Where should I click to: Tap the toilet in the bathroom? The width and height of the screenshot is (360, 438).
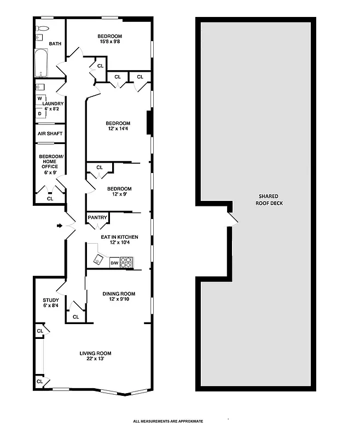tap(43, 28)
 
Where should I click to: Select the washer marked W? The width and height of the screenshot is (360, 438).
tap(40, 99)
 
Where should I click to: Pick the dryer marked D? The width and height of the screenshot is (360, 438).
tap(40, 113)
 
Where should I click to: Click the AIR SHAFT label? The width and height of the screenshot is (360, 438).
tap(50, 134)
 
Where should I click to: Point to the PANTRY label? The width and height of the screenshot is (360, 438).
tap(97, 218)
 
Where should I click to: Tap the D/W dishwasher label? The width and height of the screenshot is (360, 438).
tap(115, 263)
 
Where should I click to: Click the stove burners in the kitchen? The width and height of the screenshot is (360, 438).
tap(126, 263)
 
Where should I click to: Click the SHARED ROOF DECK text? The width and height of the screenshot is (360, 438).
tap(269, 199)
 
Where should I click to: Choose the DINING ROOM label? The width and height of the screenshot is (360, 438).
tap(119, 293)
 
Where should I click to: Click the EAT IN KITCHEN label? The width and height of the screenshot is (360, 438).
tap(119, 237)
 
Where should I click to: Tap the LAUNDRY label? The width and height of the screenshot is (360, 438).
tap(53, 103)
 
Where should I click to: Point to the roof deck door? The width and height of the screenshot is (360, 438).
tap(234, 220)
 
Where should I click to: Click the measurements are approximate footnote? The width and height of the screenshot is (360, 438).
tap(168, 421)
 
